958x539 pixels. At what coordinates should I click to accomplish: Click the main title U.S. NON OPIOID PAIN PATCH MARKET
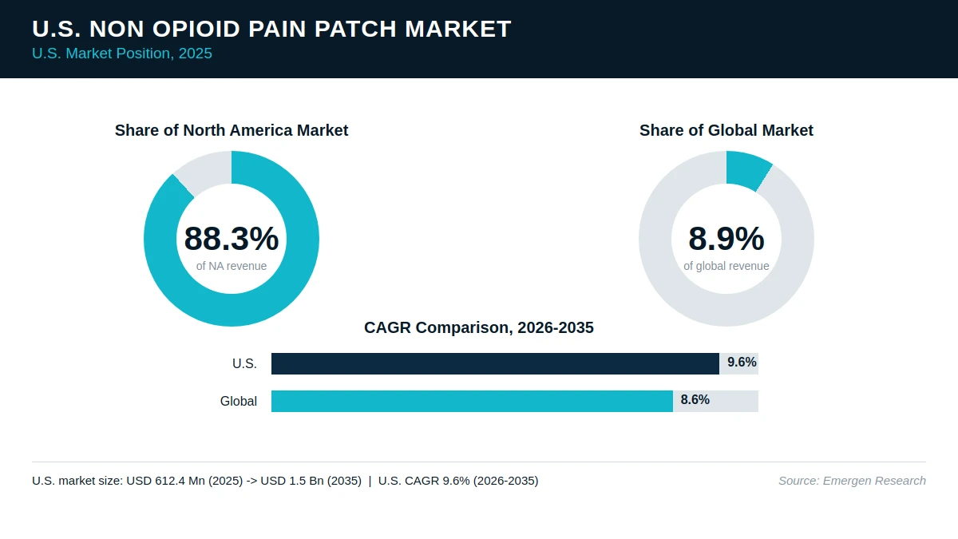[x=271, y=29]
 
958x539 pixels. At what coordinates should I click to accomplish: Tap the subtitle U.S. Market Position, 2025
[x=122, y=54]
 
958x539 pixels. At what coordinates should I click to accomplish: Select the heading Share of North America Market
[x=232, y=130]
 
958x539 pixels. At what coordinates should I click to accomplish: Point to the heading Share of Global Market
[x=726, y=130]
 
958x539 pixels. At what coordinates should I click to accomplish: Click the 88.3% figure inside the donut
[x=232, y=239]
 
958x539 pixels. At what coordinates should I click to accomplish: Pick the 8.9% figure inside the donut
[x=726, y=239]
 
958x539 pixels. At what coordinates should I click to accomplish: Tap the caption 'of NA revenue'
[x=232, y=266]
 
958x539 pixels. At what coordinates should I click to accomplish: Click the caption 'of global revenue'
[x=726, y=266]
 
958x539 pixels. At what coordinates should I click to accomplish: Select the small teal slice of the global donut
[x=747, y=170]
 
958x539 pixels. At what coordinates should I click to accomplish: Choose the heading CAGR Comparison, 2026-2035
[x=478, y=327]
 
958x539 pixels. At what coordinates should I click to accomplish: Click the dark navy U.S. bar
[x=495, y=363]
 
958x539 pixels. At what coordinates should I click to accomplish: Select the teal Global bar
[x=472, y=401]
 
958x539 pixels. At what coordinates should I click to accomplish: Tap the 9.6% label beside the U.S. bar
[x=742, y=363]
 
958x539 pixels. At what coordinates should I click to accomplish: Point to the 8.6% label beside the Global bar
[x=695, y=400]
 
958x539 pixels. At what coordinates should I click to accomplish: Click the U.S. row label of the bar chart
[x=244, y=363]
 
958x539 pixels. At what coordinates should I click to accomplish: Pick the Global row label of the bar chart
[x=239, y=401]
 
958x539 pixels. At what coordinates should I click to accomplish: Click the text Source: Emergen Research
[x=852, y=481]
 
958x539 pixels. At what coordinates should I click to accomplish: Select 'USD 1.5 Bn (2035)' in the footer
[x=311, y=481]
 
